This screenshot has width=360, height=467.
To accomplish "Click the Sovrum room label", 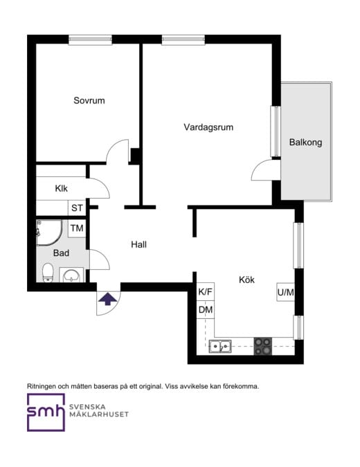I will coord(89,101).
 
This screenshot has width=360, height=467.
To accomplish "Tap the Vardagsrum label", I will coord(208,127).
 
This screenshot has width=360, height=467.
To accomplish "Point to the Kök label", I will coord(246,280).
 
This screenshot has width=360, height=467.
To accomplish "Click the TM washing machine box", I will coord(77,228).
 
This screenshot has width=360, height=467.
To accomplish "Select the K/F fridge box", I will coord(206,293).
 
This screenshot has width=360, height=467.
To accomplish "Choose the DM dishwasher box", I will coord(206,310).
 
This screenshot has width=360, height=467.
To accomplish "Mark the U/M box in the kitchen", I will coord(286,293).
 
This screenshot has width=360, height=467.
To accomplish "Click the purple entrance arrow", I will coord(107,299).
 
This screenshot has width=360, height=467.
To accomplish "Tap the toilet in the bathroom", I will coord(48,273).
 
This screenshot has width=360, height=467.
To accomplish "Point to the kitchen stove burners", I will coord(262,346).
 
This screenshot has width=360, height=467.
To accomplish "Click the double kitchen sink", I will coord(221,346).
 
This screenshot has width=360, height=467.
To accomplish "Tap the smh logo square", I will coord(46,412).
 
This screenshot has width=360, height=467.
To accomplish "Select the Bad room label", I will coord(61,253).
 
